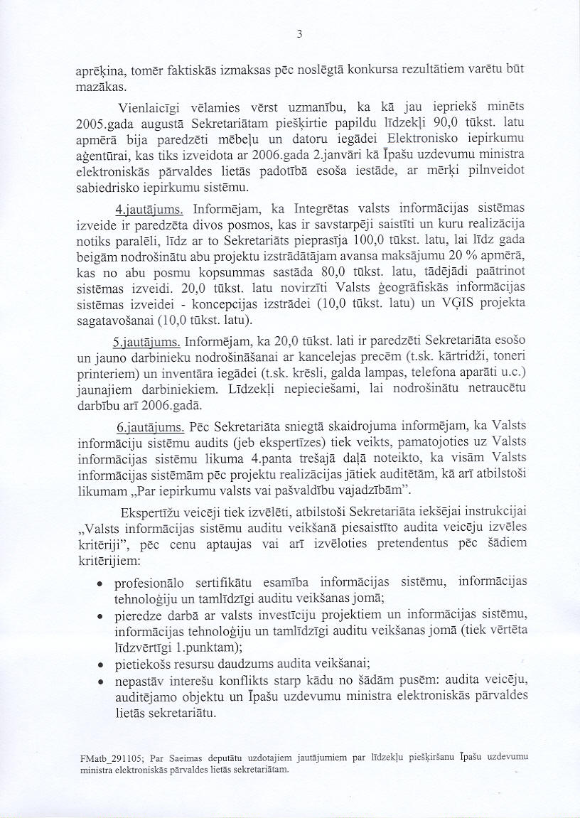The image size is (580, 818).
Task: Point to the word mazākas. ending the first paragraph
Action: [x=100, y=87]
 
